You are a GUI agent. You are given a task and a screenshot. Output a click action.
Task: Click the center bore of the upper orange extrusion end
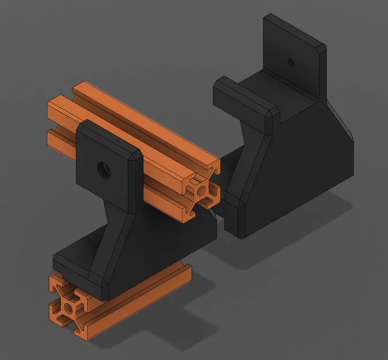coord(201,188)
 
